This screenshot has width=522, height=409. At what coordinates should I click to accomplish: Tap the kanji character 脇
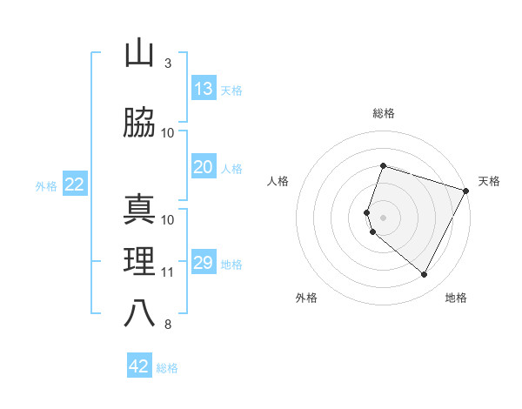coord(139,124)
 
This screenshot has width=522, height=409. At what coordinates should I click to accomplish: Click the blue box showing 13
coord(203,89)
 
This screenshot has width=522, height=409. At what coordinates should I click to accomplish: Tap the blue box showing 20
coord(203,167)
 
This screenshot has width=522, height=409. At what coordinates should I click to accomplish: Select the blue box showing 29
coord(203,263)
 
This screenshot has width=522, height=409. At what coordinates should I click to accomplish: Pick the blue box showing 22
coord(74,184)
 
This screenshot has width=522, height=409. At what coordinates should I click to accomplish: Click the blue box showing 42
coord(139,366)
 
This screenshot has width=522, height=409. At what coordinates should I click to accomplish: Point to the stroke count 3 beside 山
coord(167,64)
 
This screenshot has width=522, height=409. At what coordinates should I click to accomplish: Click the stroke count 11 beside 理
coord(167,272)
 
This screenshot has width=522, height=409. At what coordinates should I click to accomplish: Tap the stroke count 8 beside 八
coord(167,325)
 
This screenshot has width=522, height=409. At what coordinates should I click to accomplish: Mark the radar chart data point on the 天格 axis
coord(465,191)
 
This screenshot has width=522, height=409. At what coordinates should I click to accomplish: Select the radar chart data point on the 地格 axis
coord(424,275)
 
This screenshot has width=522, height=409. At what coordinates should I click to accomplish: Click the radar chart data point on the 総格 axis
coord(383,165)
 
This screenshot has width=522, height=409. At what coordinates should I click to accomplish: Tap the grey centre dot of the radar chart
coord(383,218)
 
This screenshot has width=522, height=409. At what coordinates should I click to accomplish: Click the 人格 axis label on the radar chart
coord(278,181)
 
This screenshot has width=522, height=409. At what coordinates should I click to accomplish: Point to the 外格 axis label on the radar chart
coord(306,298)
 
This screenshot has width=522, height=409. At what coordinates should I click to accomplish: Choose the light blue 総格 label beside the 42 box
coord(167,368)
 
